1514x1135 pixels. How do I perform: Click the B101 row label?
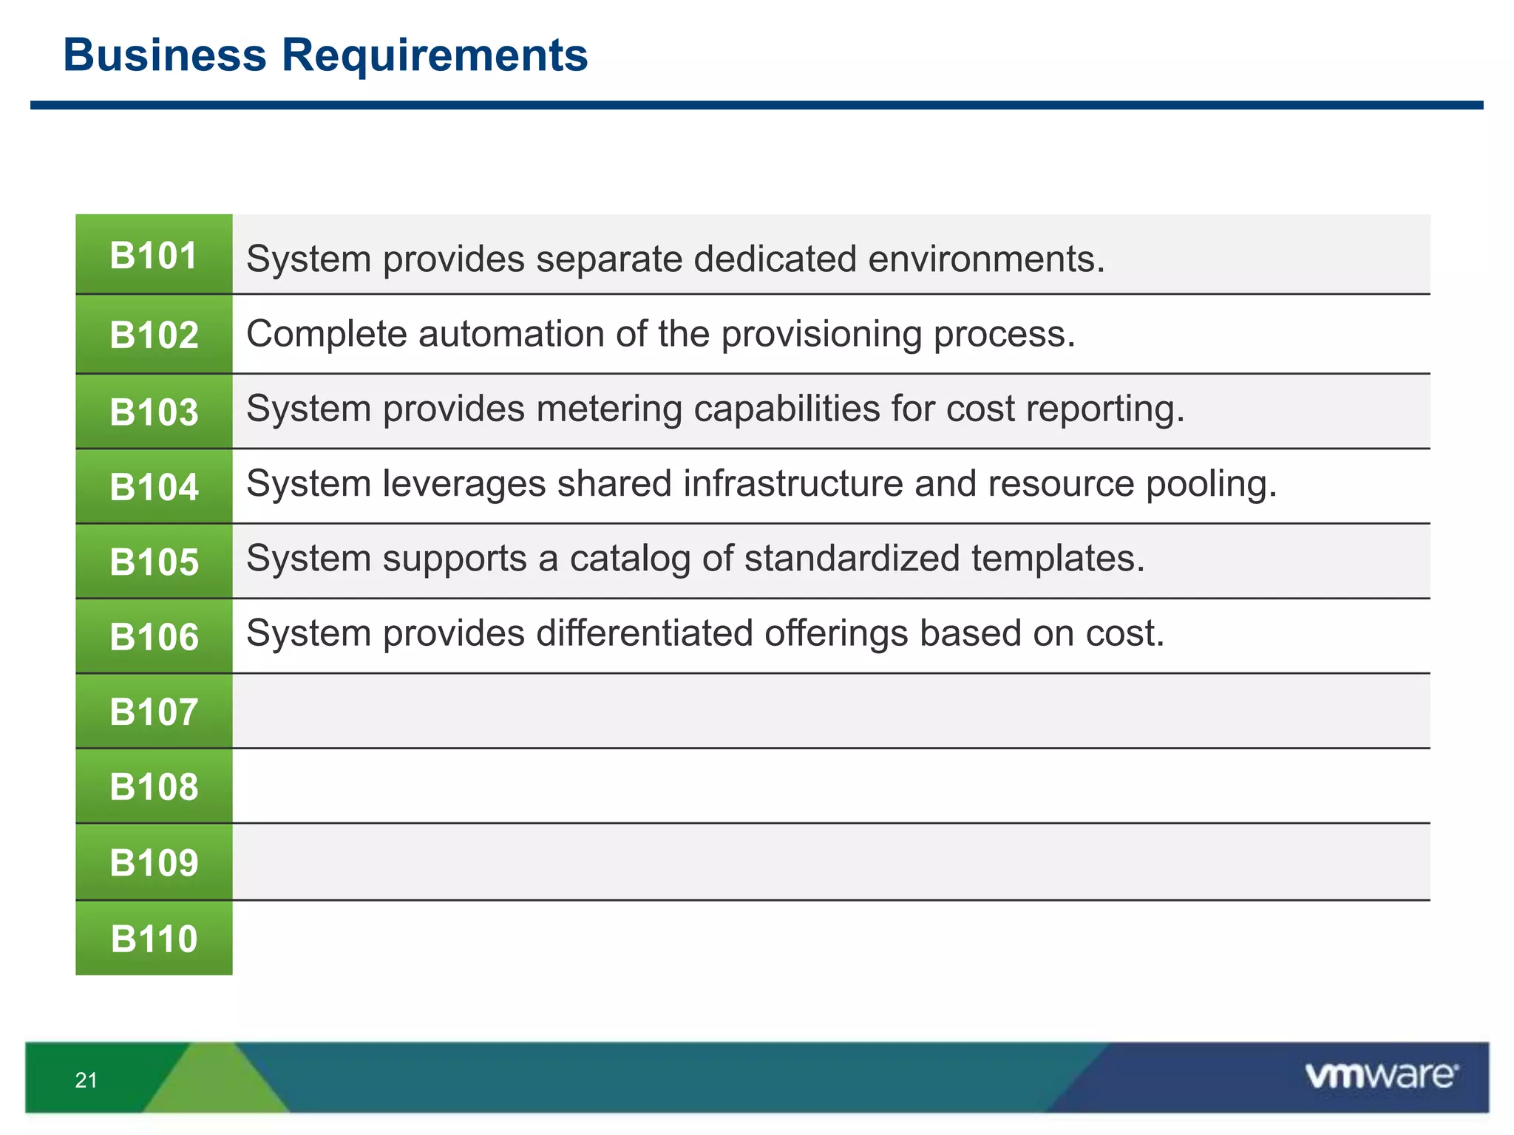click(x=154, y=256)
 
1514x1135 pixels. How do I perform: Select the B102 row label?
click(x=154, y=335)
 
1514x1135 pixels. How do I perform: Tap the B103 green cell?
click(x=154, y=412)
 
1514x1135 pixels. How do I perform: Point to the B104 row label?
click(x=154, y=487)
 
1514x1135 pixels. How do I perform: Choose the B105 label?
click(x=154, y=562)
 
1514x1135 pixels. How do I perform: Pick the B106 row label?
click(x=154, y=637)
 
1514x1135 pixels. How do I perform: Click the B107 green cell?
click(x=154, y=712)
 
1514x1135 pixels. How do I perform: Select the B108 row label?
click(x=154, y=787)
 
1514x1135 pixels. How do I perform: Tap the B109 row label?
click(x=154, y=862)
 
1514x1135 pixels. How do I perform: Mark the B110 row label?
click(x=154, y=938)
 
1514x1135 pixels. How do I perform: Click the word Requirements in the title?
click(x=435, y=55)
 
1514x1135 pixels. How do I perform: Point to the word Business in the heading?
click(x=165, y=55)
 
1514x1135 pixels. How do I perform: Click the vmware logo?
click(x=1381, y=1076)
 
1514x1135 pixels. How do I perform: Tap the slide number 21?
click(x=86, y=1080)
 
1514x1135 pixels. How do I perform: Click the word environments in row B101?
click(x=986, y=259)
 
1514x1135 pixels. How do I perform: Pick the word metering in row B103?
click(x=609, y=409)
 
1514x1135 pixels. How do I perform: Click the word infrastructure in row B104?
click(x=792, y=484)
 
